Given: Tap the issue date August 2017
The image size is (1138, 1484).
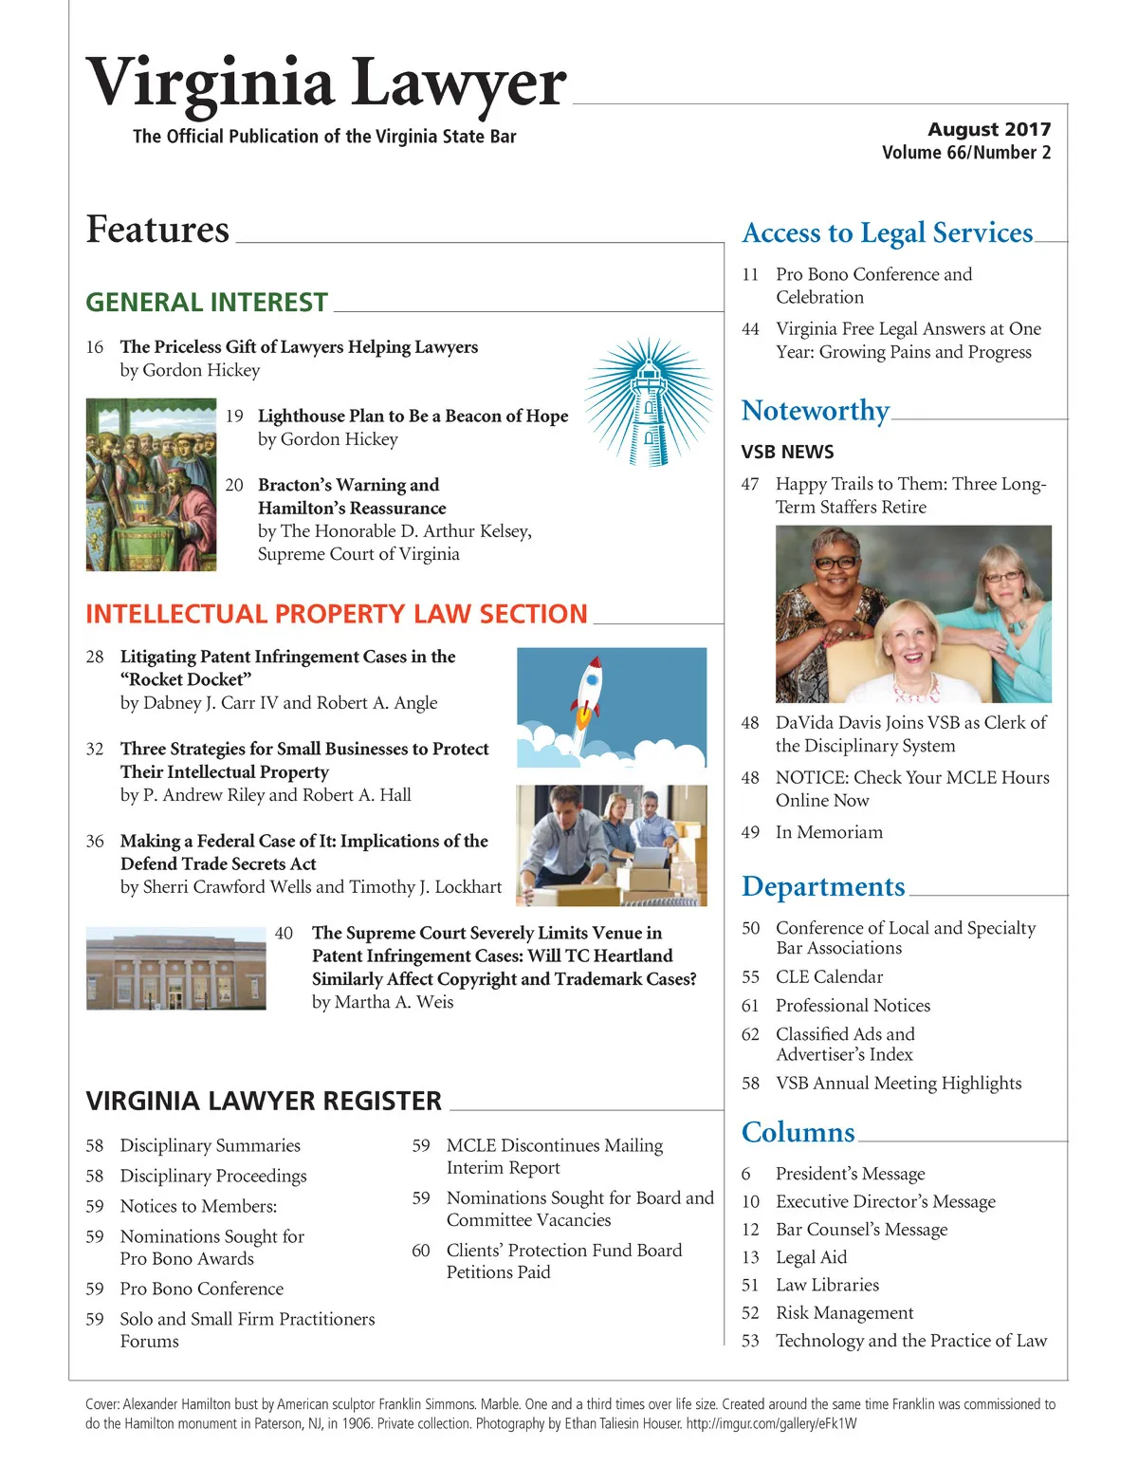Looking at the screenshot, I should click(989, 129).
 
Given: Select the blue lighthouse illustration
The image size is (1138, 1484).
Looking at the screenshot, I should click(649, 401).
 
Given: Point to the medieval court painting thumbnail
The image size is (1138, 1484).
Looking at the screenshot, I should click(151, 484).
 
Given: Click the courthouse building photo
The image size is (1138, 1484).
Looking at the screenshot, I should click(175, 969).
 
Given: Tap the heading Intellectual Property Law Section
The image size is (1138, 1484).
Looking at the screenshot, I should click(337, 614).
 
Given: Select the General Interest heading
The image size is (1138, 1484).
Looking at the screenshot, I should click(207, 303).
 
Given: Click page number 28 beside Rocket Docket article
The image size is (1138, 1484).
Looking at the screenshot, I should click(95, 657).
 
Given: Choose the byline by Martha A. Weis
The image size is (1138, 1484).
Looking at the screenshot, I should click(382, 1002).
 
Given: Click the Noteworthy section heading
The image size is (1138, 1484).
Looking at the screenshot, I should click(816, 411).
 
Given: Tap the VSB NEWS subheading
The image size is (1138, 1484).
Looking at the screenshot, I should click(787, 452).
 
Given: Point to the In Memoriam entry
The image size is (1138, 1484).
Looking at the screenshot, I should click(829, 832).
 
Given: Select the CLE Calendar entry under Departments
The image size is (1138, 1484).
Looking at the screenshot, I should click(829, 976).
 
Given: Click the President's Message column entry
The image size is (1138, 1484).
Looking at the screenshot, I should click(850, 1174).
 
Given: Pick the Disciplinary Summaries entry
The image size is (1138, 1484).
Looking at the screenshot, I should click(210, 1145).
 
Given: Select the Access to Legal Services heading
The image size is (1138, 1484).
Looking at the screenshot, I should click(888, 233).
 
